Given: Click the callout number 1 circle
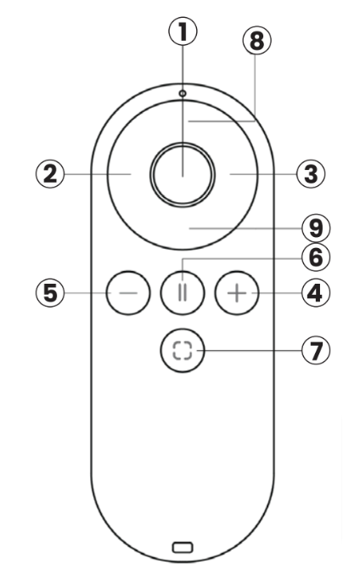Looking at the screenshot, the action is [x=183, y=31].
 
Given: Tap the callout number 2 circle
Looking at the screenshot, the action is [x=50, y=174].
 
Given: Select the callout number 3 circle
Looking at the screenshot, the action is [x=311, y=174].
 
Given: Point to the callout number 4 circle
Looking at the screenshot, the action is [x=316, y=293].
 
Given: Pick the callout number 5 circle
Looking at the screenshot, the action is [x=50, y=293].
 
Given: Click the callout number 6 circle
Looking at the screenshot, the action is [x=316, y=257].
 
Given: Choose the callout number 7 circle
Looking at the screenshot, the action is [x=316, y=350].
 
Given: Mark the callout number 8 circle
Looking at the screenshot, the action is [x=257, y=41].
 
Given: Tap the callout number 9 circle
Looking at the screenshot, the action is [x=316, y=229].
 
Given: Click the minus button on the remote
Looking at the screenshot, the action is [x=128, y=293].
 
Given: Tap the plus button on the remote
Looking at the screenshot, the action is [x=237, y=293].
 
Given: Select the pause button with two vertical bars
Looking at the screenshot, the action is [x=183, y=293].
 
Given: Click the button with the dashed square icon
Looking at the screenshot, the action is [x=183, y=350].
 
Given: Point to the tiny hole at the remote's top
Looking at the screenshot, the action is [x=183, y=93].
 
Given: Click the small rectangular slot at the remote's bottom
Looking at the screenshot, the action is [x=183, y=548].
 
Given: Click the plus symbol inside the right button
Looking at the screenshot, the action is [x=237, y=293].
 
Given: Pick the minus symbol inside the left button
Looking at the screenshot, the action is [x=128, y=293].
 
